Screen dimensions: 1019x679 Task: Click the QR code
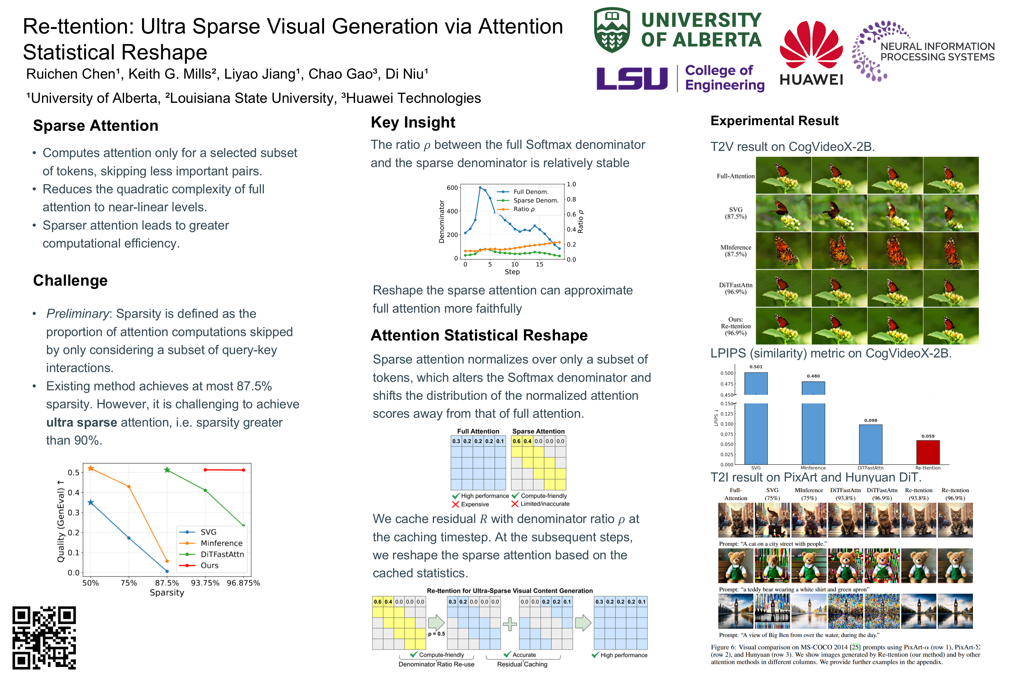pyautogui.click(x=44, y=637)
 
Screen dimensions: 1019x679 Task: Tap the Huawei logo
pyautogui.click(x=811, y=53)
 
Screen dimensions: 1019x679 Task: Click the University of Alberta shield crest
pyautogui.click(x=612, y=29)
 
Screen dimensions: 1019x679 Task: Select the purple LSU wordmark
pyautogui.click(x=632, y=78)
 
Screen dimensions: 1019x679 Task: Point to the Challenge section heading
pyautogui.click(x=70, y=281)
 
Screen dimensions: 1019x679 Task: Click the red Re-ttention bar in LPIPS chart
pyautogui.click(x=928, y=452)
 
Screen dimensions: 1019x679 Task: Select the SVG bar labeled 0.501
pyautogui.click(x=756, y=418)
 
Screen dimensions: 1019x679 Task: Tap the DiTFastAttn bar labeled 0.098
pyautogui.click(x=870, y=444)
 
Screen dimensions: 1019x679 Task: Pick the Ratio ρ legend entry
pyautogui.click(x=516, y=209)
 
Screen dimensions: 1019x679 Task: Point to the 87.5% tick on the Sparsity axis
pyautogui.click(x=167, y=583)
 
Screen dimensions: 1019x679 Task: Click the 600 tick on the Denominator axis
pyautogui.click(x=452, y=187)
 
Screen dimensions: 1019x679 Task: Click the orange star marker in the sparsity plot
pyautogui.click(x=91, y=469)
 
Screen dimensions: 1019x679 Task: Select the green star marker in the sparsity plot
pyautogui.click(x=167, y=470)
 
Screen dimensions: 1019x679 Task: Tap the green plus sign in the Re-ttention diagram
pyautogui.click(x=510, y=624)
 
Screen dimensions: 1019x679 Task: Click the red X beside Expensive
pyautogui.click(x=455, y=505)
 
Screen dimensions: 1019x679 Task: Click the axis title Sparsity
pyautogui.click(x=167, y=593)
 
